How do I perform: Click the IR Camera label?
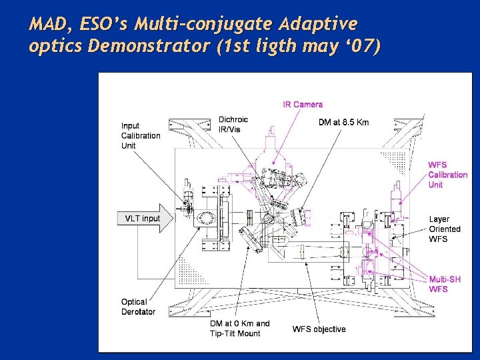tap(303, 104)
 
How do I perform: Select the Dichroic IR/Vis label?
tap(233, 125)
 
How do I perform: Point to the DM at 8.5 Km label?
tap(343, 122)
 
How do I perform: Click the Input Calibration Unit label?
tap(141, 135)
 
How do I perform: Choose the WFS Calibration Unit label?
tap(447, 175)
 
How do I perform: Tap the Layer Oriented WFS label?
tap(445, 229)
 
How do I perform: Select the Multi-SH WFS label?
tap(445, 284)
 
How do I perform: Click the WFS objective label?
tap(319, 329)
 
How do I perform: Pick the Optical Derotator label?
tap(138, 307)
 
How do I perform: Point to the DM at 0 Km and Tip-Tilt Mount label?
tap(240, 328)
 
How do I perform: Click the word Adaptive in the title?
tap(319, 25)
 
